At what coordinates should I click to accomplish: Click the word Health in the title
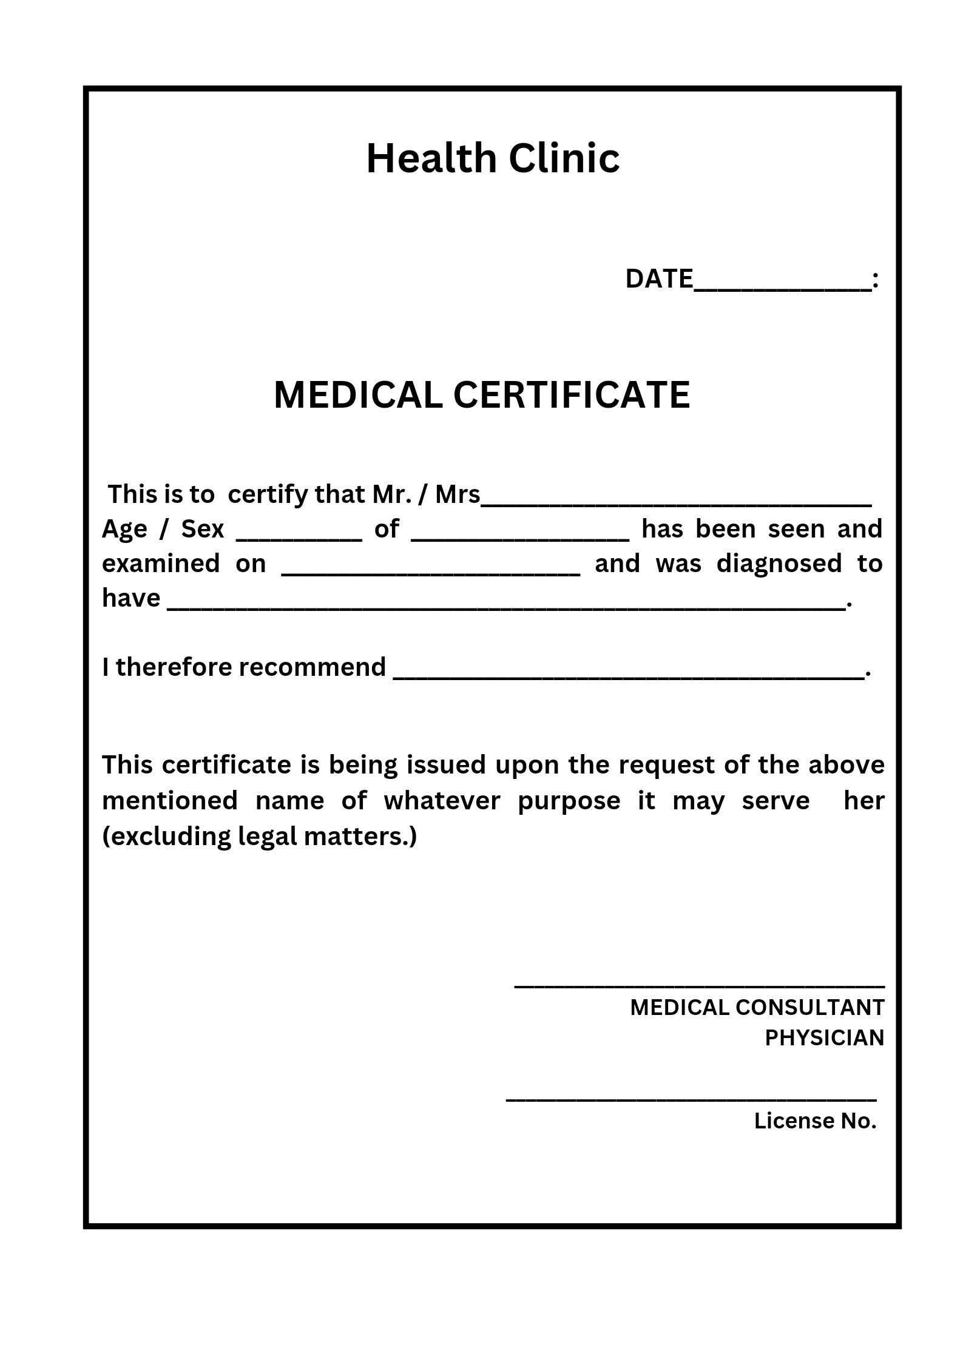coord(431,158)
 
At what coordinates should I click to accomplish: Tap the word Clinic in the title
coord(564,158)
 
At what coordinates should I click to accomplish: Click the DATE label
coord(659,279)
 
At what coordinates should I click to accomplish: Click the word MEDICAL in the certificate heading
coord(358,395)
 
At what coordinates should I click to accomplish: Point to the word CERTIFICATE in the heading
coord(572,395)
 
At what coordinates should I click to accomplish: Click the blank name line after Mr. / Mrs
coord(676,503)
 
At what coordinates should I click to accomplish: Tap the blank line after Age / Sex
coord(299,538)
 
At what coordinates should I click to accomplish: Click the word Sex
coord(203,529)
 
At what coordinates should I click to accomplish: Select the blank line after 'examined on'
coord(431,572)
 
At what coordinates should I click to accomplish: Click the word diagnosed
coord(779,564)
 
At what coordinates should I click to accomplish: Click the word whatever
coord(442,801)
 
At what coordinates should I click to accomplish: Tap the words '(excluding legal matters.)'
coord(260,837)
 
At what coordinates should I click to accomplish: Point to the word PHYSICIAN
coord(824,1038)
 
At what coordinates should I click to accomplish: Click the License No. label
coord(815,1121)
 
